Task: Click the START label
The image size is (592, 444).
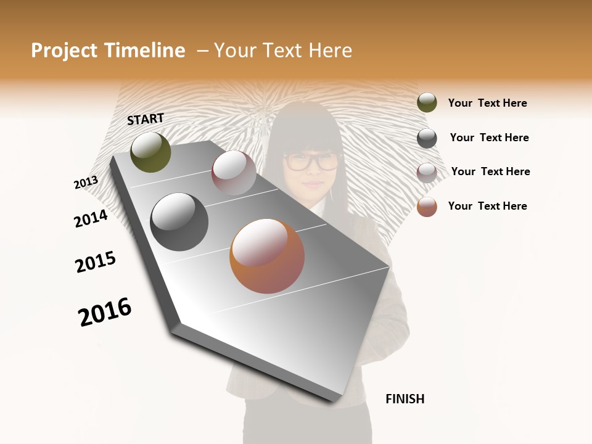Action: (146, 119)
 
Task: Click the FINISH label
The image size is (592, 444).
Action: (405, 399)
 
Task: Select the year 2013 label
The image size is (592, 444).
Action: (86, 183)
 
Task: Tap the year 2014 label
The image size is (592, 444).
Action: (91, 219)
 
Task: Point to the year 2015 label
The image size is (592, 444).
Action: (96, 262)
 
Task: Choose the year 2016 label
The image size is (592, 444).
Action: (105, 312)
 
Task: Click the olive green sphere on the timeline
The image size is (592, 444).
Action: (151, 152)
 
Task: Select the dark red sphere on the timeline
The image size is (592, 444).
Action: (234, 173)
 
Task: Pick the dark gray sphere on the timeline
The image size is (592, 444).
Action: (179, 222)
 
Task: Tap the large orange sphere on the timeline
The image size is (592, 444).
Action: (267, 256)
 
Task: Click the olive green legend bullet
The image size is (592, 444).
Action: (427, 103)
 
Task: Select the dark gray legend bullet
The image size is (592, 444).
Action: (427, 138)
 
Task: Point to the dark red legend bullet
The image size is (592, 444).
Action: (427, 173)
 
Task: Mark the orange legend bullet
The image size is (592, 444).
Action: (427, 207)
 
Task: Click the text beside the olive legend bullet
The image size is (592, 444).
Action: (487, 104)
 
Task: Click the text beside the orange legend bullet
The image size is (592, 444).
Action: (487, 206)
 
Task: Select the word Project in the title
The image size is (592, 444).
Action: (64, 51)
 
